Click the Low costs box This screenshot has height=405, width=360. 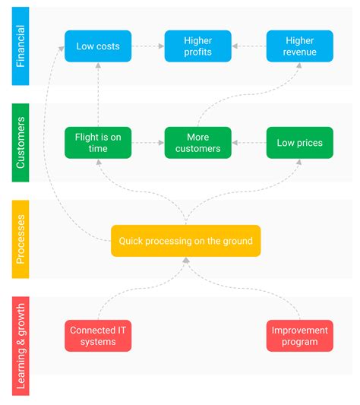pyautogui.click(x=98, y=46)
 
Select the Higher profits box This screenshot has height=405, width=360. pyautogui.click(x=197, y=46)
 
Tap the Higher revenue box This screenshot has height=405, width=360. pyautogui.click(x=299, y=46)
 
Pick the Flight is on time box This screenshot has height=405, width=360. pyautogui.click(x=98, y=143)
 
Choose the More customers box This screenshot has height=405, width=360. pyautogui.click(x=197, y=143)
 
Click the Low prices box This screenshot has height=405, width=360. pyautogui.click(x=299, y=143)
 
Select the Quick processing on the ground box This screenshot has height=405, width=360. pyautogui.click(x=185, y=241)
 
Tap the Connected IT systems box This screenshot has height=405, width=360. pyautogui.click(x=98, y=336)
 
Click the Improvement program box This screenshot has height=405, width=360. pyautogui.click(x=299, y=336)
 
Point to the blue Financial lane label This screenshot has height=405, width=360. pyautogui.click(x=21, y=46)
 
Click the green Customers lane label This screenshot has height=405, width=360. pyautogui.click(x=21, y=143)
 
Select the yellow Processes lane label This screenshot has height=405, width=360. pyautogui.click(x=21, y=239)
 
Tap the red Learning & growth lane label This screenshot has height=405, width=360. pyautogui.click(x=21, y=346)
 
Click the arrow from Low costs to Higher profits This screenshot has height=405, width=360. pyautogui.click(x=148, y=46)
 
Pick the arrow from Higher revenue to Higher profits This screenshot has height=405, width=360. pyautogui.click(x=248, y=46)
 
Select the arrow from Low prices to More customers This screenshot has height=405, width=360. pyautogui.click(x=248, y=143)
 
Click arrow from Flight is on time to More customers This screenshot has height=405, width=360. pyautogui.click(x=148, y=143)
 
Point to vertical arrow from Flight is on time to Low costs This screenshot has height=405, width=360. pyautogui.click(x=98, y=95)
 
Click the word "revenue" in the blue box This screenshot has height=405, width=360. pyautogui.click(x=299, y=52)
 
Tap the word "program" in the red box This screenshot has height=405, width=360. pyautogui.click(x=299, y=342)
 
